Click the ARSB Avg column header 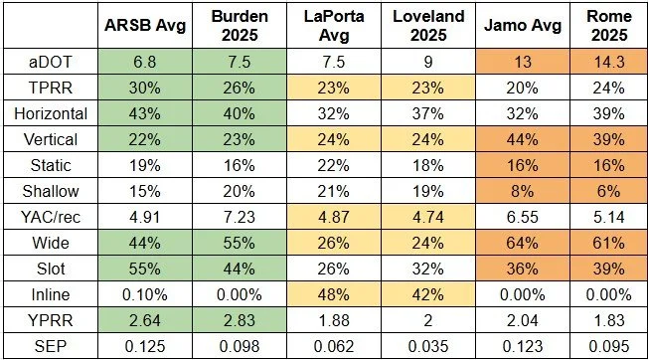(145, 25)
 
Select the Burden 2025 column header (240, 25)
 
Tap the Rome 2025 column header (609, 25)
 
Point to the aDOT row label (51, 62)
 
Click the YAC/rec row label (51, 217)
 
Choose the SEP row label (51, 346)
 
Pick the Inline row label (51, 294)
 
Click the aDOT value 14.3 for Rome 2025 (609, 62)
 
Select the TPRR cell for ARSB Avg (145, 88)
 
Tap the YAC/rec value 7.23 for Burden (240, 217)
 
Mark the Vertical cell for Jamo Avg (523, 139)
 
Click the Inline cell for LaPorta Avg (334, 294)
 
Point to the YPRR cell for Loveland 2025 (428, 321)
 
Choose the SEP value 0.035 (428, 346)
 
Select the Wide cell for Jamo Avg (523, 243)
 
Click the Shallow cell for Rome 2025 (609, 191)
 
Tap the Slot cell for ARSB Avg (145, 270)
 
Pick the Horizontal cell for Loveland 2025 (428, 113)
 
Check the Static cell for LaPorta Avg (334, 165)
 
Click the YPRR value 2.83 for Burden (240, 321)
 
